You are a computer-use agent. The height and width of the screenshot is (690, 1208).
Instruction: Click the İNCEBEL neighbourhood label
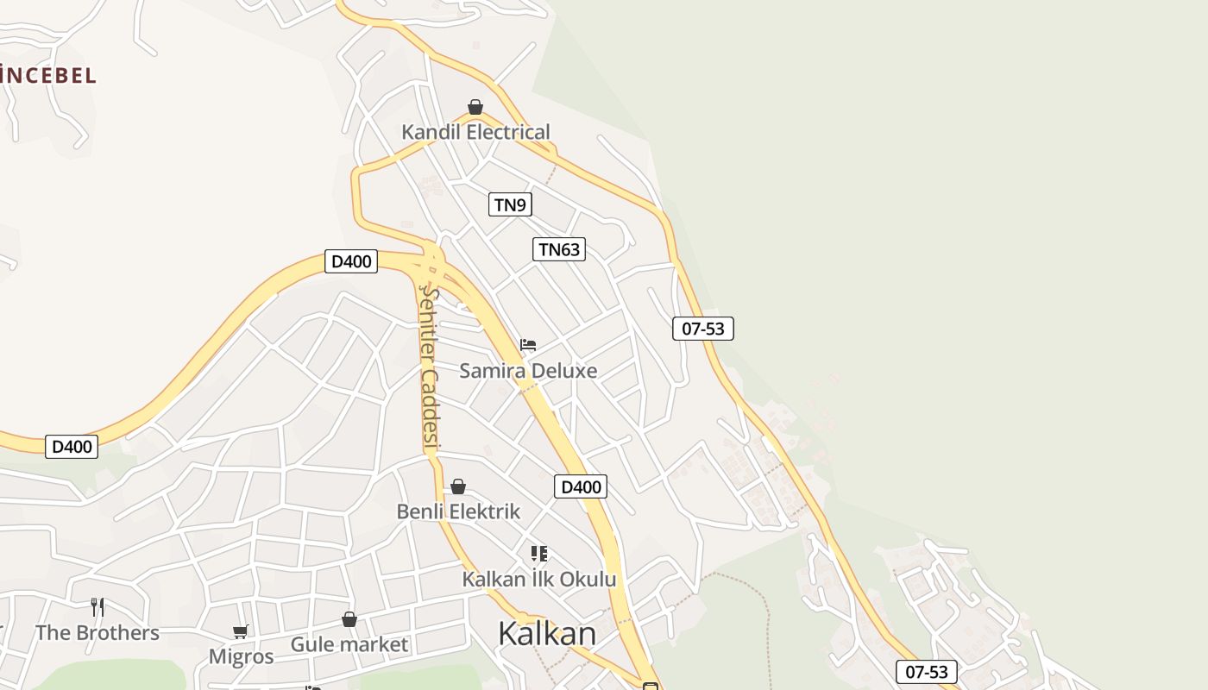(47, 75)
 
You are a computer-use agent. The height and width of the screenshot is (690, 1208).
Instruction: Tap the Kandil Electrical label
(475, 132)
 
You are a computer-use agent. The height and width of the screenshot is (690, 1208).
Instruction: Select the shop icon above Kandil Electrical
(475, 107)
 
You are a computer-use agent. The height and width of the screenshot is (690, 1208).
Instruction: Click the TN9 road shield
(510, 204)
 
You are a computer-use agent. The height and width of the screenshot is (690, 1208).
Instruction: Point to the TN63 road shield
(559, 249)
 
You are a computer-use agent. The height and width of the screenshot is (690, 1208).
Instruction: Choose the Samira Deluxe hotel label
(528, 371)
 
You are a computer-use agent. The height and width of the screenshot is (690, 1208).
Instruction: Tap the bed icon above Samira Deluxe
(528, 345)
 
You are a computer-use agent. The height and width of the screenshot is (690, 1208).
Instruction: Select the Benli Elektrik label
(458, 511)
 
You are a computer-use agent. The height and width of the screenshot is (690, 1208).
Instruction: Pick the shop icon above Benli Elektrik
(458, 486)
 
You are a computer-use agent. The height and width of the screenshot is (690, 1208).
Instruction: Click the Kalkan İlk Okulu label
(539, 579)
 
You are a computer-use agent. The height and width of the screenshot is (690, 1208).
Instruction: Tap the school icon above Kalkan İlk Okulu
(539, 553)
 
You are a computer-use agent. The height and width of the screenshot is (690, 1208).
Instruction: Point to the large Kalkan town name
(547, 633)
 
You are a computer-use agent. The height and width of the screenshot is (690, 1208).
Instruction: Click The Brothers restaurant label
(98, 633)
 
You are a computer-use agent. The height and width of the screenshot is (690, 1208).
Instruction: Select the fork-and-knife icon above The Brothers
(98, 607)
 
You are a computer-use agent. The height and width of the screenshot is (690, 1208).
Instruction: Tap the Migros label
(241, 656)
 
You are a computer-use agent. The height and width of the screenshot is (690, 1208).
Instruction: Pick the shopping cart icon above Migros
(241, 632)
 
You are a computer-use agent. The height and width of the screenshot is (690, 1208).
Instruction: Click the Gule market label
(349, 644)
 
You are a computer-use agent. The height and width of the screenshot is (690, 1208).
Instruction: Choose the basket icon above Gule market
(349, 619)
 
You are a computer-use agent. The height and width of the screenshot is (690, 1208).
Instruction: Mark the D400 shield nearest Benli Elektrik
(581, 486)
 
